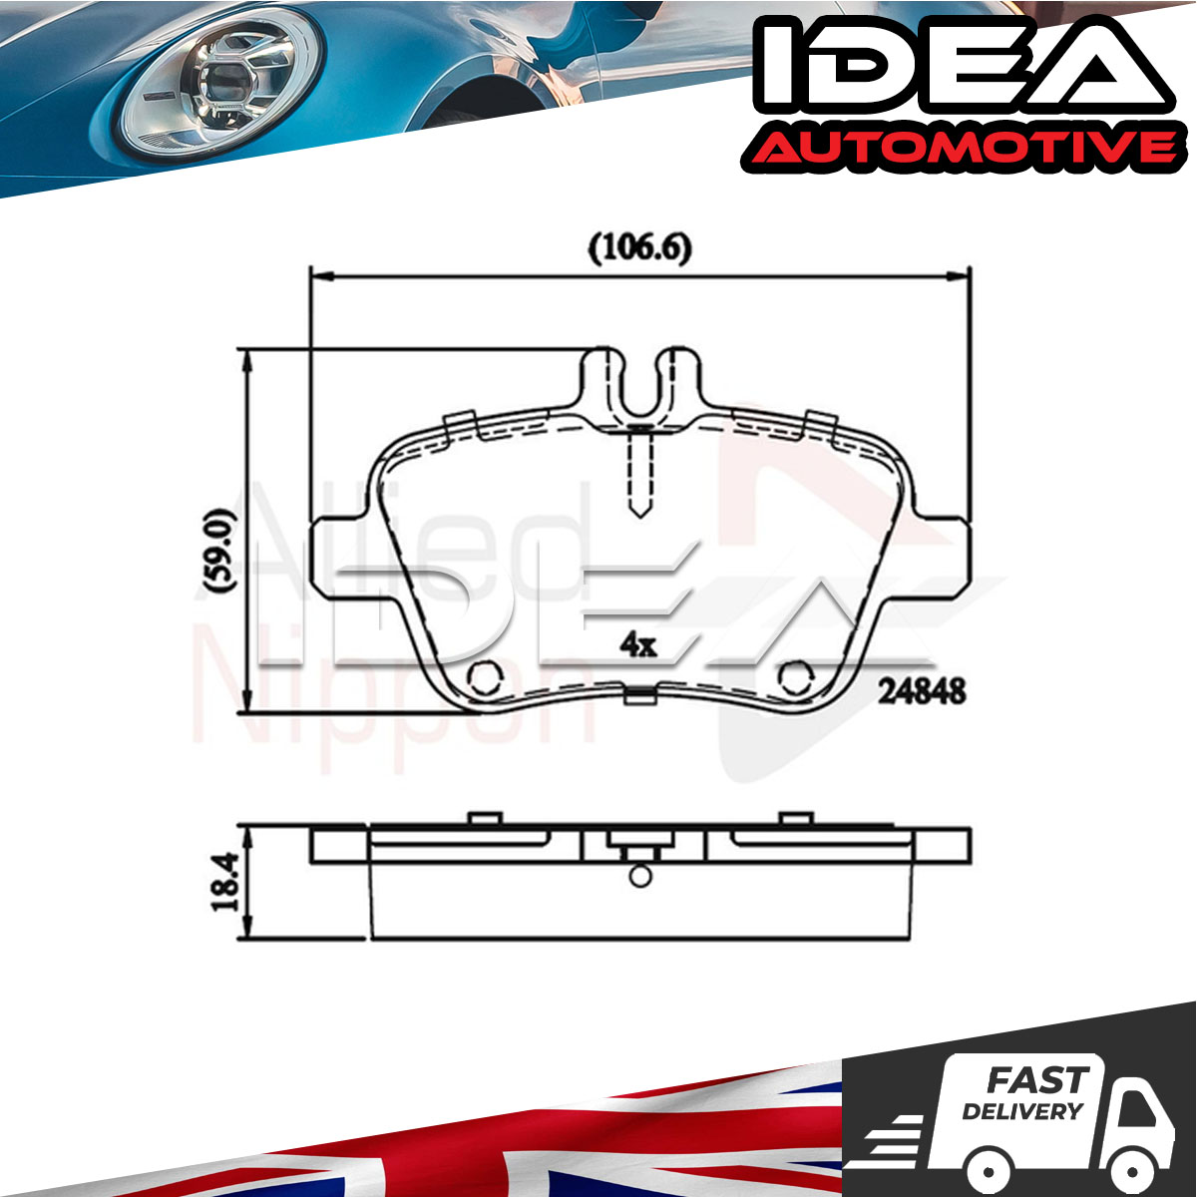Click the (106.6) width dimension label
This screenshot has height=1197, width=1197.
click(x=639, y=249)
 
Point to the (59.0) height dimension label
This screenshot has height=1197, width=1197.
click(x=219, y=551)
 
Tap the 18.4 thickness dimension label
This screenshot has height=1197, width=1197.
click(x=224, y=882)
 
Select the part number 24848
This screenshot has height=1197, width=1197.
click(x=922, y=691)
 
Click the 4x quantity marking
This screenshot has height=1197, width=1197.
click(x=638, y=646)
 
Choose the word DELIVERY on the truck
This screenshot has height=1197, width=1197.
click(x=1021, y=1110)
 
